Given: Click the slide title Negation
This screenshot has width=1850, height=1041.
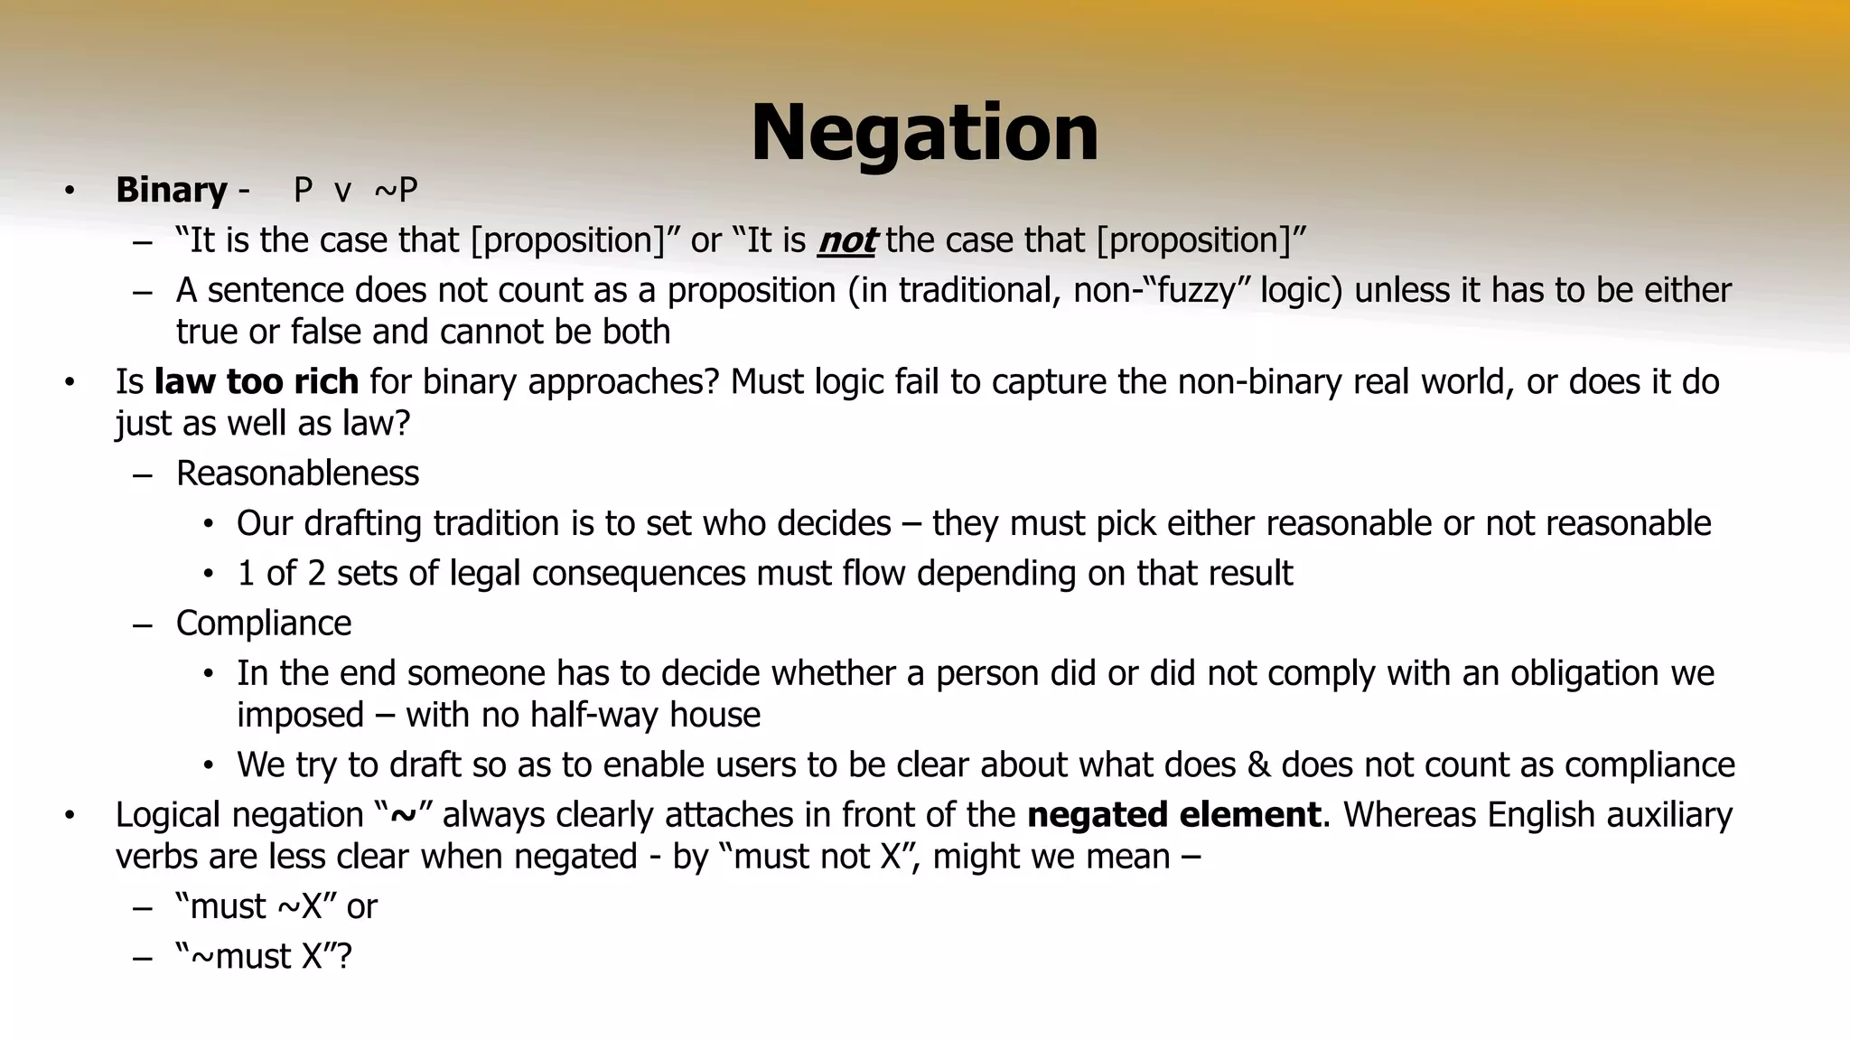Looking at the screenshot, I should point(924,133).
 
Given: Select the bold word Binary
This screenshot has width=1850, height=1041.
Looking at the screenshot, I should point(171,190).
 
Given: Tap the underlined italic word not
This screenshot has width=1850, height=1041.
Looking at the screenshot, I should point(846,240).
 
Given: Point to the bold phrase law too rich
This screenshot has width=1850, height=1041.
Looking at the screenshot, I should point(257,382).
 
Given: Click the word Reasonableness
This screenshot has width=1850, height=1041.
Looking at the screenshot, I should point(297,474).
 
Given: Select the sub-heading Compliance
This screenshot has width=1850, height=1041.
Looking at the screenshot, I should point(263,624).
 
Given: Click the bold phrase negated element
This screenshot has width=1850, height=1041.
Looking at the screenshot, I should point(1173,815).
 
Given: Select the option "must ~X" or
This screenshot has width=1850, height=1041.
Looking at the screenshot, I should point(276,906).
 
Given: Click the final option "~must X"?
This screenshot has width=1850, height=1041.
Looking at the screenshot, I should point(264,956).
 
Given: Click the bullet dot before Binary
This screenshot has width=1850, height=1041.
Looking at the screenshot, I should point(69,191).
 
